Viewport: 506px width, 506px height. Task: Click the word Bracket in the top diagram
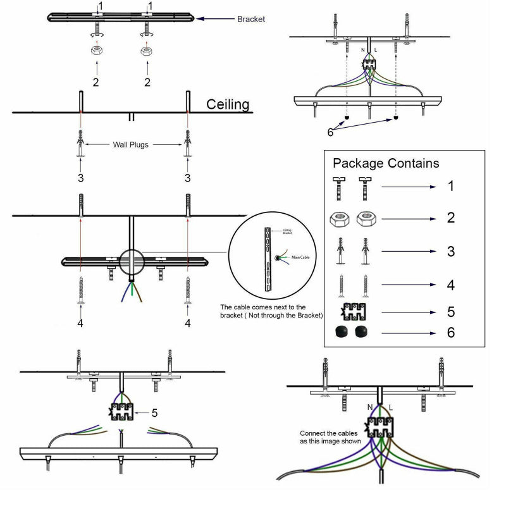point(251,19)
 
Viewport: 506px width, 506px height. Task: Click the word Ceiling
point(228,104)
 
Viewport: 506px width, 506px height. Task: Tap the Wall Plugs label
point(131,144)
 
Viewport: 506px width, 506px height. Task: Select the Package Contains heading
point(386,164)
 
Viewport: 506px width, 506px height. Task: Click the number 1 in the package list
point(450,187)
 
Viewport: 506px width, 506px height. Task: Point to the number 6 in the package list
point(450,332)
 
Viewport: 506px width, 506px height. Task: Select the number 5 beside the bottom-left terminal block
point(154,413)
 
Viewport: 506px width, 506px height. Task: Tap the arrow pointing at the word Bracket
point(214,19)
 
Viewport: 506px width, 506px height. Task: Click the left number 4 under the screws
point(81,323)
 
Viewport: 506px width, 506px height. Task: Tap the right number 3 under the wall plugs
point(188,178)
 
